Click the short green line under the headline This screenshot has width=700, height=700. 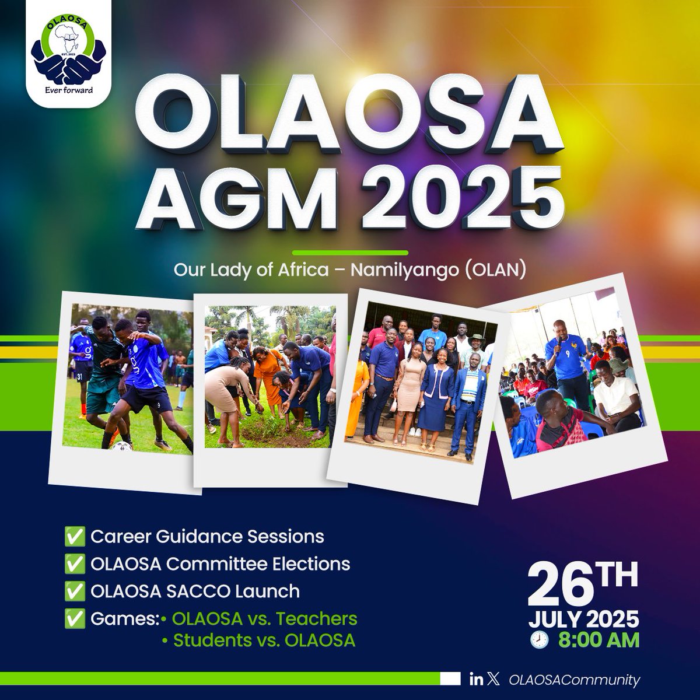349,252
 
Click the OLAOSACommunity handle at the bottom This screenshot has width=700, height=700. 574,680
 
